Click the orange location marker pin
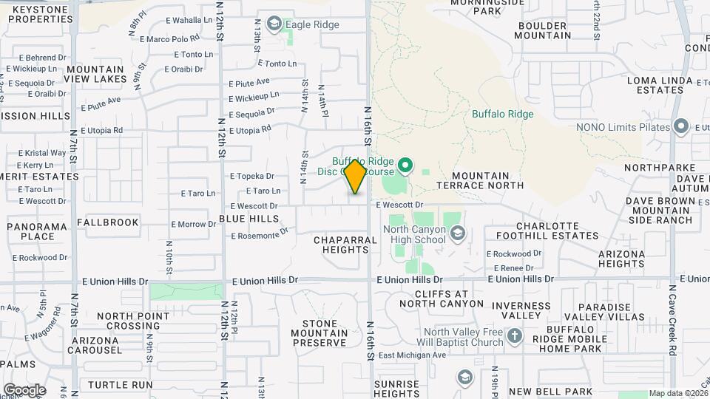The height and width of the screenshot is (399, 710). [x=355, y=177]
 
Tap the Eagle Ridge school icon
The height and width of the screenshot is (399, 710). [x=275, y=24]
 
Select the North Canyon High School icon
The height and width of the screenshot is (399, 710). [x=458, y=234]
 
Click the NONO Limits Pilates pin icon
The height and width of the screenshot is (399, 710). [x=681, y=127]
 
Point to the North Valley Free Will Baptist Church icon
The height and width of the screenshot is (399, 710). [x=515, y=336]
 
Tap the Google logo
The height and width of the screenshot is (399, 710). [x=24, y=389]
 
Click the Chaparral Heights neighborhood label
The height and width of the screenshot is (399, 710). [x=341, y=245]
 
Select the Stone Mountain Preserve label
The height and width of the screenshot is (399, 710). [x=325, y=333]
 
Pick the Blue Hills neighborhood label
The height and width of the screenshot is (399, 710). [x=249, y=219]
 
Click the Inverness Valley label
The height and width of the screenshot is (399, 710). [x=521, y=310]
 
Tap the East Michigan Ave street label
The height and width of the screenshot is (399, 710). [x=412, y=355]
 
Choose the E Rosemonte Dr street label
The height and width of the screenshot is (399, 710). [x=259, y=235]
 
